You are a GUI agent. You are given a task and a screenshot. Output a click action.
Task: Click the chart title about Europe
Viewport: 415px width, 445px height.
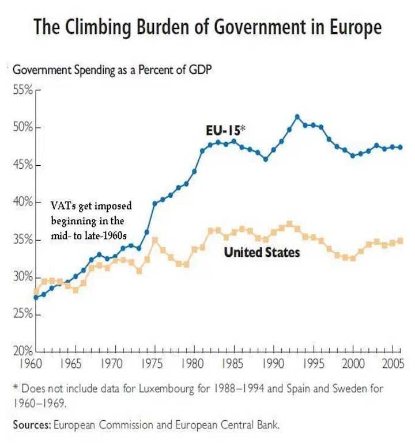pos(207,27)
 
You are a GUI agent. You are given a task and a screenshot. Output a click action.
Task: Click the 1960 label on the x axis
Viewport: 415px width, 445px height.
pos(36,364)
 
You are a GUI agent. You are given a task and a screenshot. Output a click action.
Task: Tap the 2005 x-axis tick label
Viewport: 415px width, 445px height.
pos(392,364)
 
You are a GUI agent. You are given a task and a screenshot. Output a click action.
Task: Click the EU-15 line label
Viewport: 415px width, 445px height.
pos(225,131)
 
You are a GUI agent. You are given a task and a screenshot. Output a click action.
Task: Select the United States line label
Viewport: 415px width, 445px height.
pos(262,252)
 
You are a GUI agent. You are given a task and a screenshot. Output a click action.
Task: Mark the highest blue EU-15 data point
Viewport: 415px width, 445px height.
pos(297,116)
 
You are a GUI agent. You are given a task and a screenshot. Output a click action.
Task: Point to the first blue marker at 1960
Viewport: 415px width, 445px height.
pos(36,297)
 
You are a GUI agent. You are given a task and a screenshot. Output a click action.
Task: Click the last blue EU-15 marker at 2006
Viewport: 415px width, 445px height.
pos(400,147)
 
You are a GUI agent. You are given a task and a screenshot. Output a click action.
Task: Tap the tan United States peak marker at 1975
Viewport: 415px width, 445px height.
pos(154,239)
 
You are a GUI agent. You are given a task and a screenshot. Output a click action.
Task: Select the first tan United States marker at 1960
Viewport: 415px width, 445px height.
pos(36,291)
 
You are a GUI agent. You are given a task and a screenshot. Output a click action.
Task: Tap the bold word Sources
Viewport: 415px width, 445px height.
pos(31,425)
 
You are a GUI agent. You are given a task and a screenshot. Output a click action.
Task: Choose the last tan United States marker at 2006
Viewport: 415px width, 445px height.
pos(400,241)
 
